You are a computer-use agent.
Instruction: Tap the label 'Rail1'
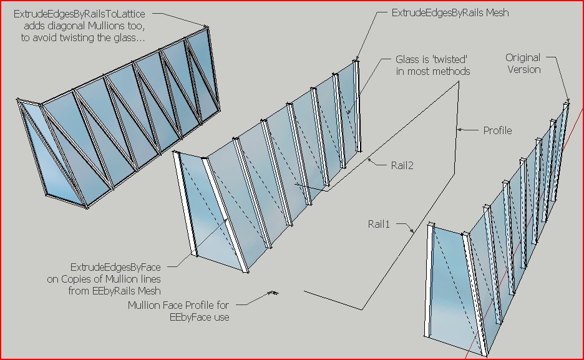(379, 223)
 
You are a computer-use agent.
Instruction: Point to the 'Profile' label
(497, 131)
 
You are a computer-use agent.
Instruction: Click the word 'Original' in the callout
(523, 57)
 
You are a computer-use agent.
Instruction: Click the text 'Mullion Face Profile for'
(179, 306)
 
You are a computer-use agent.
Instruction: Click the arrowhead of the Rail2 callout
(369, 160)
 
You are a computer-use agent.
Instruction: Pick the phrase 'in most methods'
(433, 72)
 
